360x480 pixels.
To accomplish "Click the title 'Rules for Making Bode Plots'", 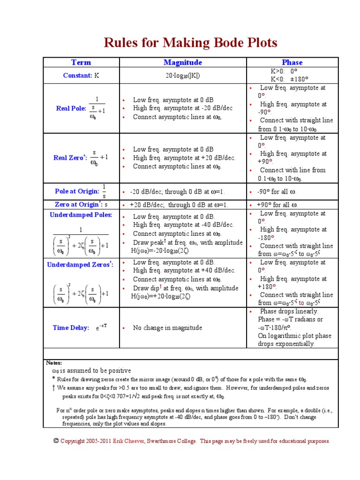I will (x=190, y=43).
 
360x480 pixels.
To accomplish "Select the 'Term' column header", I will (x=81, y=62).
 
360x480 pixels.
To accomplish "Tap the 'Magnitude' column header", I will (x=183, y=62).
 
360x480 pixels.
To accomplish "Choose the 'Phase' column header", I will (x=292, y=62).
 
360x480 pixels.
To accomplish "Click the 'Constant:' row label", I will (x=77, y=75).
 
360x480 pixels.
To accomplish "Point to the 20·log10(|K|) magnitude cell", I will (x=183, y=75).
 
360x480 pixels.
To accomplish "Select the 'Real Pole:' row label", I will (x=71, y=108).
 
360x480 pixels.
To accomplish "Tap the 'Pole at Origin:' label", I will (x=77, y=191).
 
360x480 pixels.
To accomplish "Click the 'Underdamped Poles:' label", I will (x=81, y=215).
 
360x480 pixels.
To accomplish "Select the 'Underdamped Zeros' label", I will (x=80, y=265).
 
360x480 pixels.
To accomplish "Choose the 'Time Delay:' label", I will (x=71, y=328).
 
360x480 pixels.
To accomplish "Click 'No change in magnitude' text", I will (x=167, y=328).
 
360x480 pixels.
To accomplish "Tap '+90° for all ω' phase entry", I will (x=277, y=205).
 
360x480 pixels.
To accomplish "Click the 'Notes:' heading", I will (x=54, y=363).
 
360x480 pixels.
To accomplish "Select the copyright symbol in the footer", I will (x=56, y=441).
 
